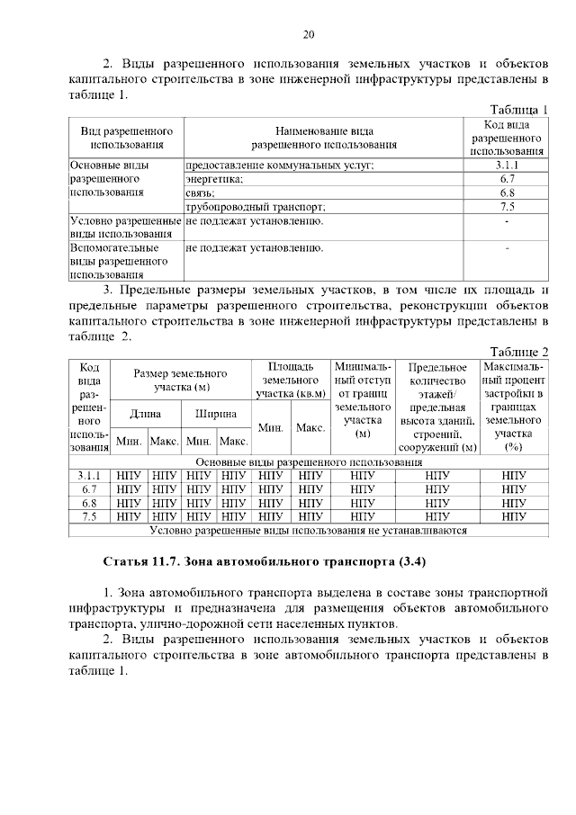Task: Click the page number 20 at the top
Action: point(308,35)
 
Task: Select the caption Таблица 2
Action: point(518,351)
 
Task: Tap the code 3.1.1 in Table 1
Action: point(506,166)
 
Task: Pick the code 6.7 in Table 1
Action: point(506,179)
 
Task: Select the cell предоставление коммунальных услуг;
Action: point(279,166)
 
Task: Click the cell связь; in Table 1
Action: point(200,193)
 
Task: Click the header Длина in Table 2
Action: point(145,415)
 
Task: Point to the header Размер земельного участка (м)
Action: point(180,380)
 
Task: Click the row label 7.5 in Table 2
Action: point(88,516)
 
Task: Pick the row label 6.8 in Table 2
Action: point(88,503)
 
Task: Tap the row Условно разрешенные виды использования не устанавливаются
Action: point(308,531)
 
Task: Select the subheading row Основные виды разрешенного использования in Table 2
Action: point(308,462)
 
